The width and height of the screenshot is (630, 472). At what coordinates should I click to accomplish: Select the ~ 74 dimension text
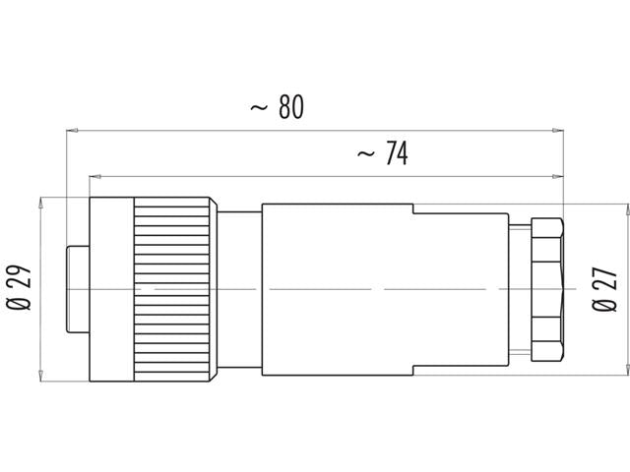click(382, 153)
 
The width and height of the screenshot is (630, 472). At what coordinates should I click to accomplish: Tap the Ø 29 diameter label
click(23, 289)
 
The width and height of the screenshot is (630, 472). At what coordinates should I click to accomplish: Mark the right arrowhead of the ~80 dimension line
click(558, 129)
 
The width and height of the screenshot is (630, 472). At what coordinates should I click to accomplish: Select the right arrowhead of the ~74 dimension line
click(558, 177)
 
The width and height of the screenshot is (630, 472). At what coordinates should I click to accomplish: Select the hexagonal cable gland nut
click(547, 289)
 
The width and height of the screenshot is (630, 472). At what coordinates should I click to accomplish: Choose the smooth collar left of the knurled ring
click(111, 289)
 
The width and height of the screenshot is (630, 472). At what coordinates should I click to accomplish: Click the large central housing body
click(335, 289)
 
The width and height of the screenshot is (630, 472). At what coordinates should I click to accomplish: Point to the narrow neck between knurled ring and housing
click(239, 289)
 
